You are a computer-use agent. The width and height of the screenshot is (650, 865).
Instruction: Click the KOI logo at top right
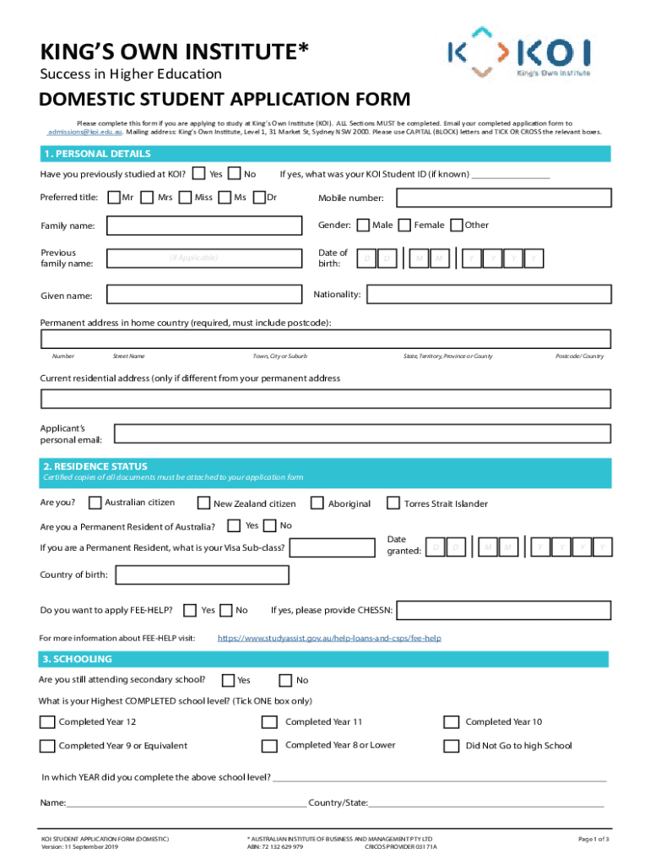pyautogui.click(x=518, y=52)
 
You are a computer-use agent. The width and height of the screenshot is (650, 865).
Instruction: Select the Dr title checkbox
pyautogui.click(x=257, y=198)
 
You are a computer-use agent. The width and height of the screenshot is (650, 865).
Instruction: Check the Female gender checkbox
pyautogui.click(x=405, y=225)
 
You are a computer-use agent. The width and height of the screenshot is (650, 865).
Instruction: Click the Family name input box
pyautogui.click(x=203, y=226)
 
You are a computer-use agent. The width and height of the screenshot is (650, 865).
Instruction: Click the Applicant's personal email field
pyautogui.click(x=362, y=434)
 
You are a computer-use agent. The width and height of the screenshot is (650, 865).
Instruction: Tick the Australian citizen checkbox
pyautogui.click(x=95, y=503)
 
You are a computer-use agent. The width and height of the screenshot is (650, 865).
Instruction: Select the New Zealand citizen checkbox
pyautogui.click(x=203, y=503)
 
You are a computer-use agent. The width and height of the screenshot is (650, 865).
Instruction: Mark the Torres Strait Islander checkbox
pyautogui.click(x=393, y=503)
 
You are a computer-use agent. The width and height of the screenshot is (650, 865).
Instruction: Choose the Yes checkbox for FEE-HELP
pyautogui.click(x=191, y=610)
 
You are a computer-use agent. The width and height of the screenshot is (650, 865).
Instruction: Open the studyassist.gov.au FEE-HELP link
pyautogui.click(x=329, y=638)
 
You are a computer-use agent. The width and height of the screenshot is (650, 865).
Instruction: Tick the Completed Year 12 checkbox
pyautogui.click(x=47, y=722)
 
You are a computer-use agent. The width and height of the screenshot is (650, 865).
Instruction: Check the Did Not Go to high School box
pyautogui.click(x=451, y=746)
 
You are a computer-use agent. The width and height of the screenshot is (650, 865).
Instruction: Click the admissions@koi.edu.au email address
pyautogui.click(x=85, y=133)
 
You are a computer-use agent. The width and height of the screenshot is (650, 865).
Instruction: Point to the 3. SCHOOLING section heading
pyautogui.click(x=78, y=659)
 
